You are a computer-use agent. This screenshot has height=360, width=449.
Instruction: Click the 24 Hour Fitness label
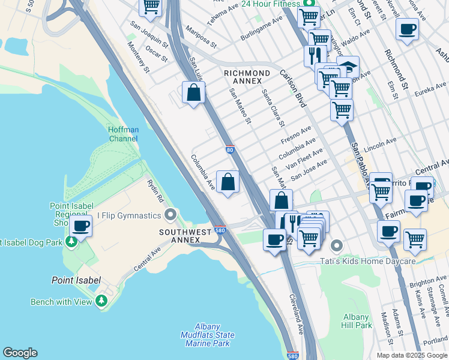pyautogui.click(x=270, y=4)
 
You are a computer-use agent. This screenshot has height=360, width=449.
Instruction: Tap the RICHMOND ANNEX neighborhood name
pyautogui.click(x=243, y=77)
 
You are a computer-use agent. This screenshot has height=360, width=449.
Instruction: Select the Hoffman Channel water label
pyautogui.click(x=123, y=134)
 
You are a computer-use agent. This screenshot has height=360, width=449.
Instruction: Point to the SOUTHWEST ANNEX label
pyautogui.click(x=185, y=236)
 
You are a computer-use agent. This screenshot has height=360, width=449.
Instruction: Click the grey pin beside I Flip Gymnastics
pyautogui.click(x=172, y=214)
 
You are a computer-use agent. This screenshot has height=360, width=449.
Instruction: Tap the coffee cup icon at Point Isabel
pyautogui.click(x=80, y=226)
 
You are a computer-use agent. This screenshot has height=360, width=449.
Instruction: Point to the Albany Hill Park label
pyautogui.click(x=357, y=321)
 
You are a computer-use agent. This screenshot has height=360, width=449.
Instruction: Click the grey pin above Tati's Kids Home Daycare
pyautogui.click(x=337, y=245)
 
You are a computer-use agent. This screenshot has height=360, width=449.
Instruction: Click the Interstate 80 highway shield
pyautogui.click(x=231, y=150)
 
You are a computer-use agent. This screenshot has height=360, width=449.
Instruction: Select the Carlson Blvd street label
pyautogui.click(x=293, y=88)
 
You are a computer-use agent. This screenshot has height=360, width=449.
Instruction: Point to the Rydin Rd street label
pyautogui.click(x=156, y=190)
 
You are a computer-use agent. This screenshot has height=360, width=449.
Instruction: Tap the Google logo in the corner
pyautogui.click(x=20, y=353)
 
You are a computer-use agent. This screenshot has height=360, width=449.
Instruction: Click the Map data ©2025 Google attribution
pyautogui.click(x=411, y=355)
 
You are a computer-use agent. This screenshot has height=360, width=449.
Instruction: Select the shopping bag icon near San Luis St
pyautogui.click(x=194, y=93)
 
